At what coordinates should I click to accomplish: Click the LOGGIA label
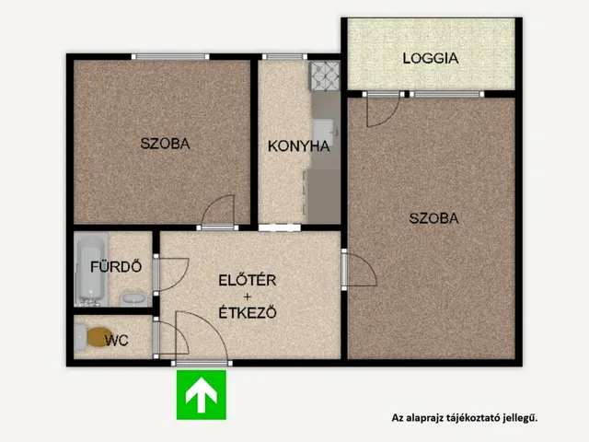[x=431, y=58]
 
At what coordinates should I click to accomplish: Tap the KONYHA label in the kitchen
[x=298, y=146]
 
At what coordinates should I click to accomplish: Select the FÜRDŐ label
[x=116, y=266]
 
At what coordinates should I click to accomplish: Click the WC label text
[x=117, y=341]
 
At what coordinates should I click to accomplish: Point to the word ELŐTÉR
[x=248, y=280]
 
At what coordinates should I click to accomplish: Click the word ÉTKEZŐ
[x=248, y=312]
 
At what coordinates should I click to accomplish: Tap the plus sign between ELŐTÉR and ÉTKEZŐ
[x=248, y=297]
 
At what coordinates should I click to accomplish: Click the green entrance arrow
[x=202, y=395]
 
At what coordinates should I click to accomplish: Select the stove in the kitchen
[x=325, y=76]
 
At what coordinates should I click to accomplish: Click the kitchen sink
[x=324, y=133]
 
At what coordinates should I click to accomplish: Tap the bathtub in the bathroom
[x=91, y=269]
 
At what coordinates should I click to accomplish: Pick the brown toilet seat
[x=98, y=337]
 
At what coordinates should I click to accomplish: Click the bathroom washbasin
[x=133, y=299]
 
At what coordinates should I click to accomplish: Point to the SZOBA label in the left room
[x=165, y=144]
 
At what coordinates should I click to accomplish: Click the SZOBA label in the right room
[x=433, y=218]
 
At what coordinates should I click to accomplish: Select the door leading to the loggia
[x=383, y=110]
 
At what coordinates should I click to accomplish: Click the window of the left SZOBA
[x=170, y=57]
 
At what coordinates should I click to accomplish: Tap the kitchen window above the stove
[x=284, y=57]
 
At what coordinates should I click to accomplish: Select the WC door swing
[x=171, y=336]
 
